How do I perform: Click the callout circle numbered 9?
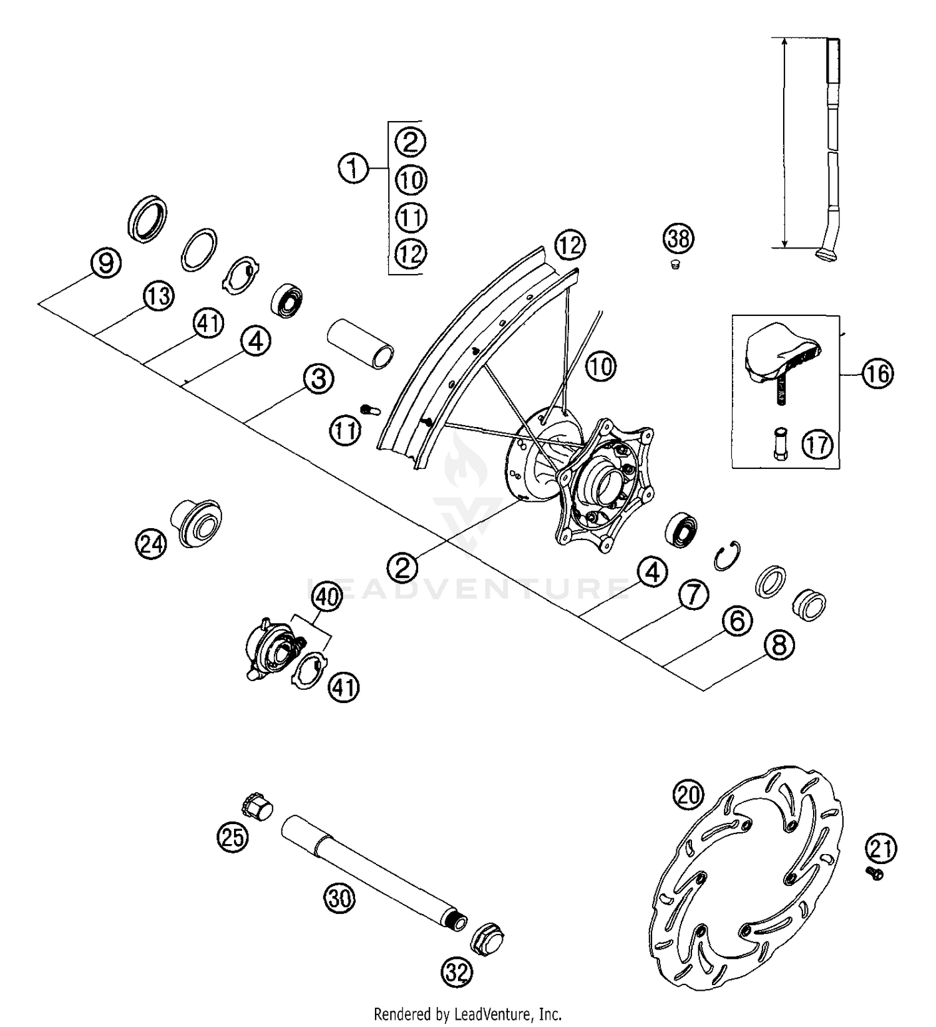tap(106, 263)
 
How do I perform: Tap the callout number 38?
tap(678, 238)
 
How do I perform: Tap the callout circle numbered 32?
tap(458, 971)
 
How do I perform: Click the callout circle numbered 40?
tap(327, 597)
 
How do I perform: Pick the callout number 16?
tap(877, 373)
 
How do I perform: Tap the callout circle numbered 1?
tap(354, 169)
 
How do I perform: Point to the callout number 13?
tap(158, 296)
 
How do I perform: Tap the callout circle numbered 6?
tap(737, 621)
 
